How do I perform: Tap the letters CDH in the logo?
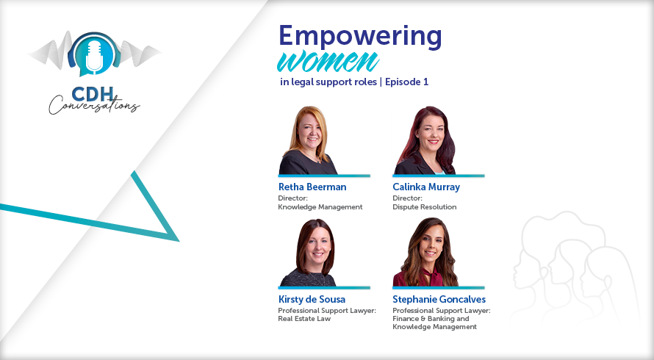click(93, 94)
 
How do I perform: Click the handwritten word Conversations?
click(94, 105)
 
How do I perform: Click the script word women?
click(328, 62)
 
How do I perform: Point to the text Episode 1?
click(406, 82)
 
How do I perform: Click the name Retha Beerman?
click(312, 187)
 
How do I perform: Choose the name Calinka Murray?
click(426, 187)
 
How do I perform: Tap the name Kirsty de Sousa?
click(312, 299)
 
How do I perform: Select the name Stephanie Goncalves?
click(439, 299)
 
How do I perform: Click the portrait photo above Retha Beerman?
click(308, 140)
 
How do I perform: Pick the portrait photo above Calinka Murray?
click(425, 140)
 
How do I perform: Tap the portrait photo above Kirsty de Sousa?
click(309, 253)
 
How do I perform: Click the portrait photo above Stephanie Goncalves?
click(425, 252)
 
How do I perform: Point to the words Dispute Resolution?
click(424, 207)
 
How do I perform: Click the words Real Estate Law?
click(304, 319)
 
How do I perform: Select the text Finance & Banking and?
click(431, 319)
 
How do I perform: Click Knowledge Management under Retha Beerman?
click(320, 207)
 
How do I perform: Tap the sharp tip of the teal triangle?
click(179, 241)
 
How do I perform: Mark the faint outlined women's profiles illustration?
click(575, 267)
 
